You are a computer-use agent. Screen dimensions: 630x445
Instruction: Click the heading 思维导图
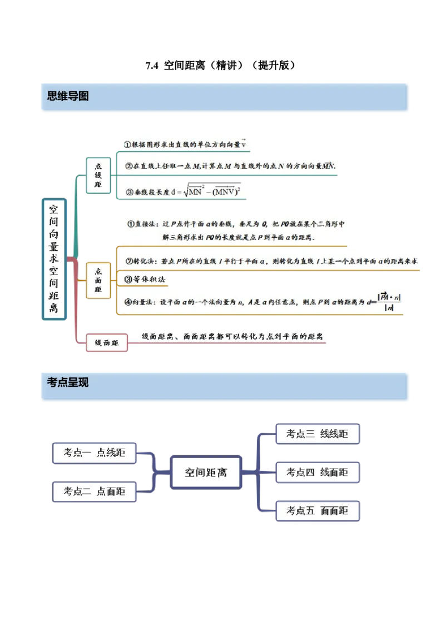68,96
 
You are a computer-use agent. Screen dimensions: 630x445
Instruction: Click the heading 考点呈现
68,382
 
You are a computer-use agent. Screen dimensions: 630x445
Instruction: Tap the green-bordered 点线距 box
98,175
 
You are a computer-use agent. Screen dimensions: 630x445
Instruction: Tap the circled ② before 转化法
128,260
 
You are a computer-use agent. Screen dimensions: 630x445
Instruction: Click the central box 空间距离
206,473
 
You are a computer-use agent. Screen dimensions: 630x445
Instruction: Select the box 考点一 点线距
95,452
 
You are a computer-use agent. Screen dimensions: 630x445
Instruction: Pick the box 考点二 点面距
95,491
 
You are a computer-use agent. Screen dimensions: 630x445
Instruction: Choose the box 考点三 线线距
318,434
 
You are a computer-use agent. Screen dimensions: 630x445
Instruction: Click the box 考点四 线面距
318,472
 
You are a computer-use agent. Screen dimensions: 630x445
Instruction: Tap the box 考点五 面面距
318,510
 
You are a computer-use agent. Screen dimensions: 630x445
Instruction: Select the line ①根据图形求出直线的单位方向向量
185,144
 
